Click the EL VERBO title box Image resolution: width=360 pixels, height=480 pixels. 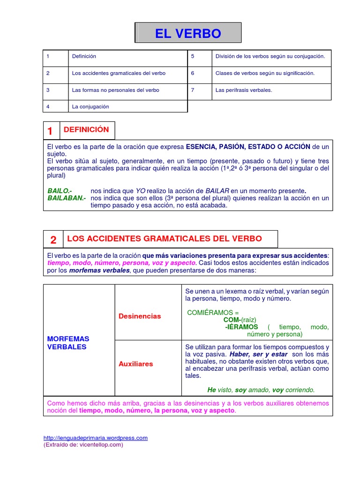tap(188, 34)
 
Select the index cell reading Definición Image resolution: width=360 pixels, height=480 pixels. tap(84, 56)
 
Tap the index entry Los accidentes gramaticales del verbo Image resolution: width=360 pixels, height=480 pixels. tap(119, 73)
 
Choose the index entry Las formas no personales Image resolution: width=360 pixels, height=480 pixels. tap(115, 90)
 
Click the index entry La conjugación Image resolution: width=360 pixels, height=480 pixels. tap(90, 106)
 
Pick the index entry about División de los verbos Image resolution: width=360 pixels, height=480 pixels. tap(270, 56)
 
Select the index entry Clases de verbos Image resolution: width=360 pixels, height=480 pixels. tap(265, 73)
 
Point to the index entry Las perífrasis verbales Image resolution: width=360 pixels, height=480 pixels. tap(243, 90)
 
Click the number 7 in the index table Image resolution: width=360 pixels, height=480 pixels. tap(193, 90)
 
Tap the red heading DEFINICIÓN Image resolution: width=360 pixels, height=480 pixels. tap(86, 130)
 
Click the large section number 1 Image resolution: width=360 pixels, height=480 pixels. tap(51, 131)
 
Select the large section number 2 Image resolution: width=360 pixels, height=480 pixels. tap(53, 240)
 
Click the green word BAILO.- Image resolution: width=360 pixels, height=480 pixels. tap(60, 191)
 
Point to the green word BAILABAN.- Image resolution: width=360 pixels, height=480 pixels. tap(67, 198)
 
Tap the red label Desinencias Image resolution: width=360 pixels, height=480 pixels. tap(139, 316)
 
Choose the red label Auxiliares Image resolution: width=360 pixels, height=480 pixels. tap(135, 364)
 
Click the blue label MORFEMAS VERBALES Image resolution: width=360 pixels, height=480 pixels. tap(68, 343)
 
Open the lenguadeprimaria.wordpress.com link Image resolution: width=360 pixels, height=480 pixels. tap(95, 438)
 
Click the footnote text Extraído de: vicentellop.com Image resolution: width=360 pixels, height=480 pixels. tap(83, 444)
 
